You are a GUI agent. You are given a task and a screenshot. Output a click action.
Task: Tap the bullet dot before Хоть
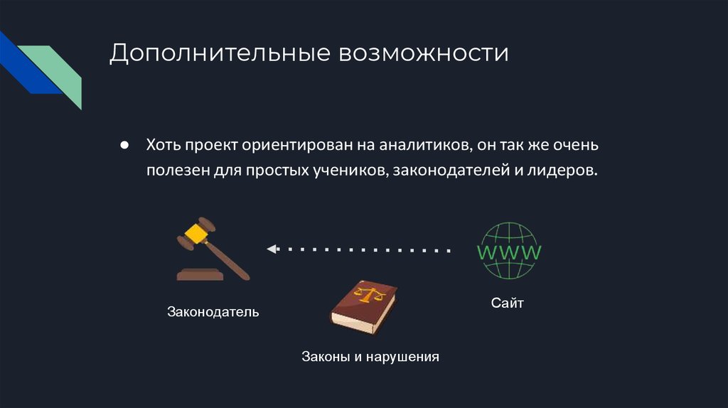[x=124, y=145]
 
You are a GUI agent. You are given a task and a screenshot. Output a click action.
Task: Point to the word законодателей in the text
[x=448, y=171]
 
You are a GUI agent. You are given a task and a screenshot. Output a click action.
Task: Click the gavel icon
[x=213, y=249]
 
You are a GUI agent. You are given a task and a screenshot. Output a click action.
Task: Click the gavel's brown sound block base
[x=202, y=274]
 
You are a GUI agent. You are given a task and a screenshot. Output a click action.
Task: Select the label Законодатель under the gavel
[x=213, y=312]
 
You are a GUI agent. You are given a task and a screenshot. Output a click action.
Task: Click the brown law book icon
[x=363, y=306]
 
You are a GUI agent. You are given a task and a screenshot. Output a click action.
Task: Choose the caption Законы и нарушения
[x=370, y=356]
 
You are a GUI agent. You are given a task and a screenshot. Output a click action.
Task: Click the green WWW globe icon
[x=508, y=251]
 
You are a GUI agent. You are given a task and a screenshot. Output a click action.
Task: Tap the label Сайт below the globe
[x=507, y=304]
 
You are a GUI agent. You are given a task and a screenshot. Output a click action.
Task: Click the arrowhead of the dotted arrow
[x=271, y=249]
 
